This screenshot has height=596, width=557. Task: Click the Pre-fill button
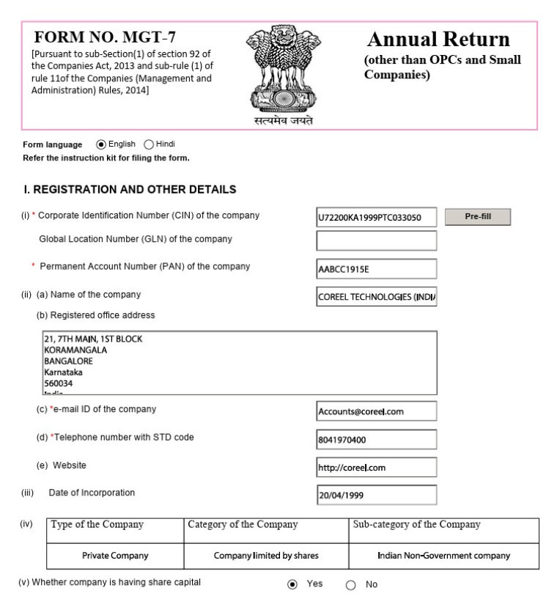click(478, 217)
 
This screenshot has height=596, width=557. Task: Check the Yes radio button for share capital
click(292, 586)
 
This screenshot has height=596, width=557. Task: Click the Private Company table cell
click(117, 556)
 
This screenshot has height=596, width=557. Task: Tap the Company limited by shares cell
click(266, 556)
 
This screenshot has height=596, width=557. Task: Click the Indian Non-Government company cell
click(443, 556)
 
